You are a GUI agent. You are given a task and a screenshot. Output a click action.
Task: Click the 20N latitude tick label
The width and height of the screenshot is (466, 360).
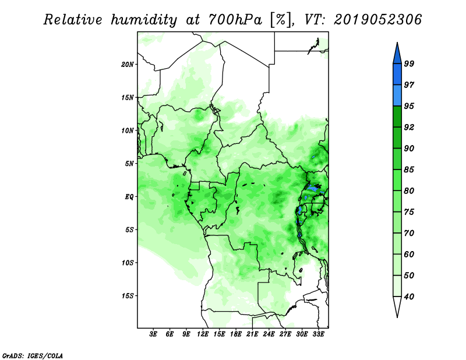[128, 64]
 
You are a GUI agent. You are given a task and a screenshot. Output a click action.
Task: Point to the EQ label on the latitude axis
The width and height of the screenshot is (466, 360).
[129, 197]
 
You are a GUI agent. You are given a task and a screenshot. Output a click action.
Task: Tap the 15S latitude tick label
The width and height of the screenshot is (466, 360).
[128, 296]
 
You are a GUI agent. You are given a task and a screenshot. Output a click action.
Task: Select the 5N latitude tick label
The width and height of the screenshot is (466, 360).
[129, 164]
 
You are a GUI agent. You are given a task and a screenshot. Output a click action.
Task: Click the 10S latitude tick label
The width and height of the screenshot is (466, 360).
[128, 263]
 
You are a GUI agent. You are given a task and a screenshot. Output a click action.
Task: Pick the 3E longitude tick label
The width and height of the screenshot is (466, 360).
[153, 334]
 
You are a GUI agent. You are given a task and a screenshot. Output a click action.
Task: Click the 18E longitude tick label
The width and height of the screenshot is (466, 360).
[236, 334]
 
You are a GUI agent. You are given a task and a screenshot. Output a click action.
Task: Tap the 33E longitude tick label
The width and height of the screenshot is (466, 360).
[318, 334]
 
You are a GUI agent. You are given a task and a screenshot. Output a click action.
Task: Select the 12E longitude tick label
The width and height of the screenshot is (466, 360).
[203, 334]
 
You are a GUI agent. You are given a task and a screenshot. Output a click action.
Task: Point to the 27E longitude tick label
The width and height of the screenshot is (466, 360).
[285, 334]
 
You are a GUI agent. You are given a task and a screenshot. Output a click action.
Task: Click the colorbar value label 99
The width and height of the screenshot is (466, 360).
[409, 63]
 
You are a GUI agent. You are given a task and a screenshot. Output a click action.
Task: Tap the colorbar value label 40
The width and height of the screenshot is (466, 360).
[409, 297]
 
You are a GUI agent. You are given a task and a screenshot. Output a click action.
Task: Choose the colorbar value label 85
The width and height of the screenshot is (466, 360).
[409, 170]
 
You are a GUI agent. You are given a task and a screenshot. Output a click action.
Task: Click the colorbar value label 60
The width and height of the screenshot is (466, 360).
[409, 254]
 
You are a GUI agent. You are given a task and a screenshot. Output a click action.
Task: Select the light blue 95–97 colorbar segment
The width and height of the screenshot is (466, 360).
[397, 96]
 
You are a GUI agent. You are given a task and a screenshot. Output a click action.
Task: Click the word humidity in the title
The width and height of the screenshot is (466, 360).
[144, 20]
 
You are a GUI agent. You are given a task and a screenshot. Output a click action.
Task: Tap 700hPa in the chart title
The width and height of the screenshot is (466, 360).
[235, 20]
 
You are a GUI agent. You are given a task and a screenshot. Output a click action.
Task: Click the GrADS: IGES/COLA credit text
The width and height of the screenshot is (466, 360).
[33, 355]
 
